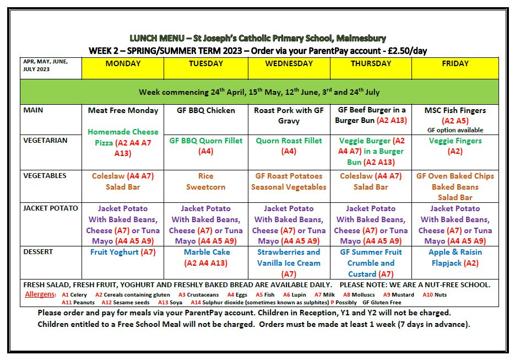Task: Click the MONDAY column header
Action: click(x=123, y=63)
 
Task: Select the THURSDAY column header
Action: click(x=371, y=63)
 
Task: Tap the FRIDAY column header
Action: click(x=455, y=63)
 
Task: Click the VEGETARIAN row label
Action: click(x=45, y=140)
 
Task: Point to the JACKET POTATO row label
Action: click(x=51, y=208)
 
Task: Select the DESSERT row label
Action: click(x=38, y=252)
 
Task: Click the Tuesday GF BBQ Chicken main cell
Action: click(x=206, y=110)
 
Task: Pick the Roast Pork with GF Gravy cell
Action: click(x=289, y=115)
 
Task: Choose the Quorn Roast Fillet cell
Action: click(x=289, y=146)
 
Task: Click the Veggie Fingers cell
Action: click(x=455, y=146)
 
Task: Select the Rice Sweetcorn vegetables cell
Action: click(x=206, y=181)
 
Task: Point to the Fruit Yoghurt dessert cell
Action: click(x=123, y=252)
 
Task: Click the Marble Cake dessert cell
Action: click(x=206, y=257)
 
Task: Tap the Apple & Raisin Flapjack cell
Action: click(x=455, y=257)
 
